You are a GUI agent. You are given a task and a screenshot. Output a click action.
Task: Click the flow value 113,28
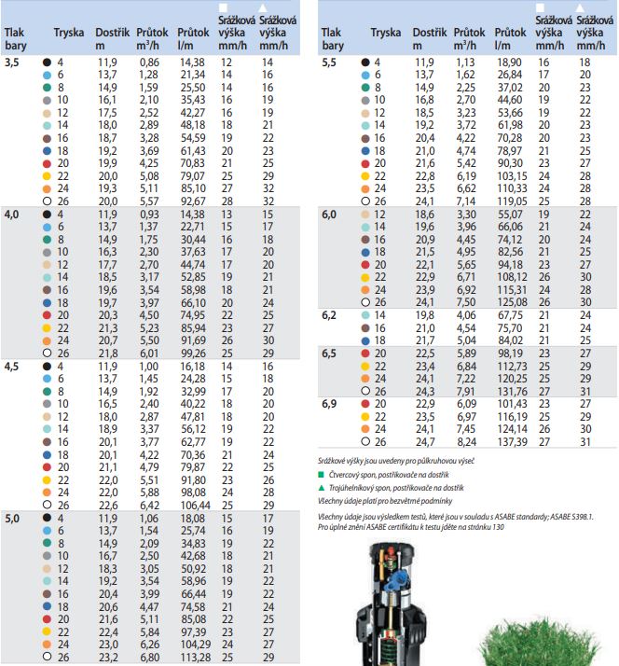point(193,656)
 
